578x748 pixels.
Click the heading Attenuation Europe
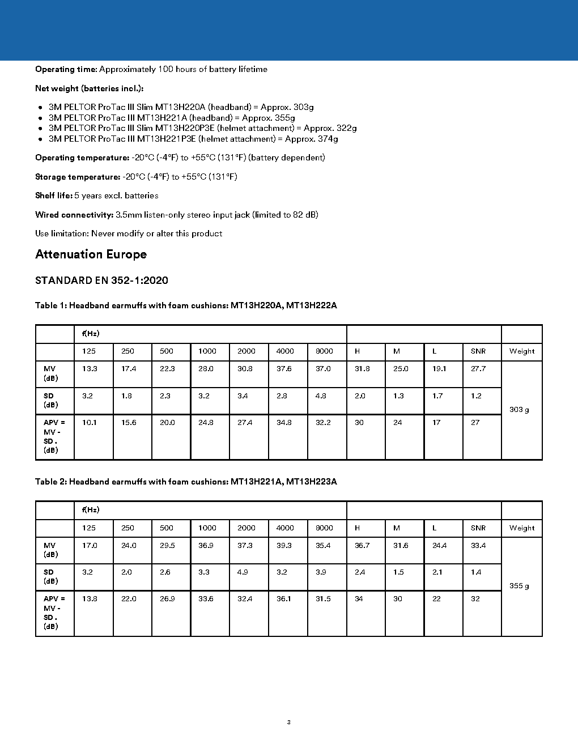click(91, 254)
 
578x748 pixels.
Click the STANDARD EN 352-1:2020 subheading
click(101, 280)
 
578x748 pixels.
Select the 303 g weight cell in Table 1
click(519, 410)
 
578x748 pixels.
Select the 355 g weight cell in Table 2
click(519, 586)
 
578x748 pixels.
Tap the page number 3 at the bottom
click(289, 722)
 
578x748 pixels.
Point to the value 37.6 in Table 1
click(284, 369)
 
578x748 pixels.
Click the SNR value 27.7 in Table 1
click(478, 369)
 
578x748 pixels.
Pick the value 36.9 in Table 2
click(206, 546)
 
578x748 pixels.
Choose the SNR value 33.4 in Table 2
click(478, 546)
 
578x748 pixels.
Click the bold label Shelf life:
click(54, 195)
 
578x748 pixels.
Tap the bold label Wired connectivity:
click(74, 215)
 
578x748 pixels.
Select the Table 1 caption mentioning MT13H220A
click(186, 305)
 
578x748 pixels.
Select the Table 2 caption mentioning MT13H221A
click(186, 482)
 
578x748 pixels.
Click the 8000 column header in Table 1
click(324, 351)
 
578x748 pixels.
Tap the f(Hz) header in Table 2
click(91, 510)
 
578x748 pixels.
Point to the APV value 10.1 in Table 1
click(90, 423)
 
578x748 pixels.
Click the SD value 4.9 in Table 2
click(243, 572)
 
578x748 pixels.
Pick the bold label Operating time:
click(66, 69)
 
